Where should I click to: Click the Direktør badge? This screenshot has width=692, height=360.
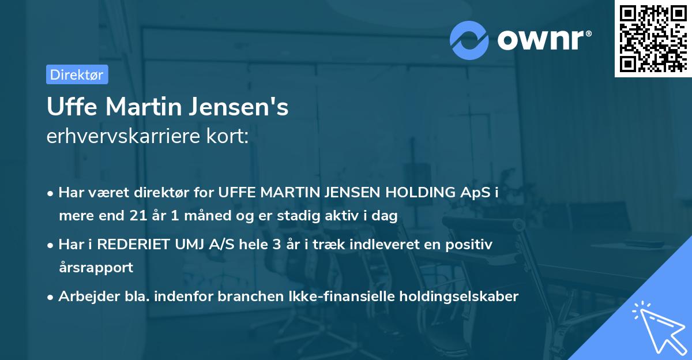pos(77,74)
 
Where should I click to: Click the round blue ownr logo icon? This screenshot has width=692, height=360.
pos(469,40)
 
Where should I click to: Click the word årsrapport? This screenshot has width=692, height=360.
pos(96,268)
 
